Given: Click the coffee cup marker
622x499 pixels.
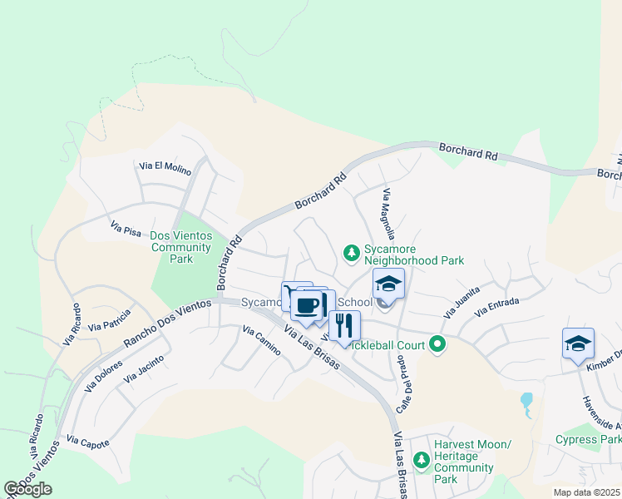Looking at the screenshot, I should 307,305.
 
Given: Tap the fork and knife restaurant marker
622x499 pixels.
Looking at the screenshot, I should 344,326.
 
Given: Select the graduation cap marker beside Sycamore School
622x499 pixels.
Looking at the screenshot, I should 388,284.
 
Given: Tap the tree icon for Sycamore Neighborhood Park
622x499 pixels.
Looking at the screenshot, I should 352,252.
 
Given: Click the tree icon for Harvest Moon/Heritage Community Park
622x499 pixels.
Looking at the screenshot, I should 422,459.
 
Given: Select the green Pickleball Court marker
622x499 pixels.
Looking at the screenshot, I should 435,344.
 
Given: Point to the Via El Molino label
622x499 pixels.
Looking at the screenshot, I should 165,168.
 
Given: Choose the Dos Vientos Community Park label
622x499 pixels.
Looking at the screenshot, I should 180,247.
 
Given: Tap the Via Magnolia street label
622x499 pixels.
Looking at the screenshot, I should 389,214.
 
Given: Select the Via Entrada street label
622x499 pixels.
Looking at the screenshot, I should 497,306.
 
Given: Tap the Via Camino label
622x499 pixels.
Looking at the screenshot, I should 261,341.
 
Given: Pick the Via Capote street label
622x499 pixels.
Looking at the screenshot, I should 88,442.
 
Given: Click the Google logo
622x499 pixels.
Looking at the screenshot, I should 28,489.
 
